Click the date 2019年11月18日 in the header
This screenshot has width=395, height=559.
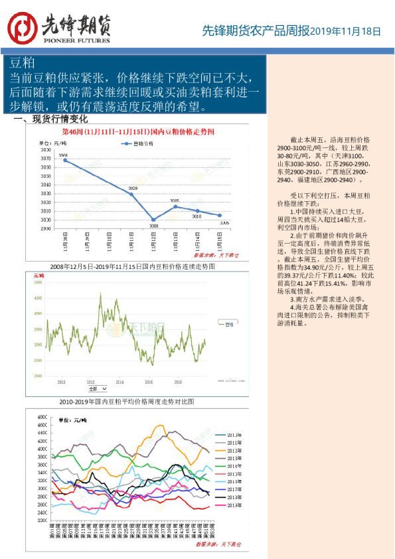coord(346,31)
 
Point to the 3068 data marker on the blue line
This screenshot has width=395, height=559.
coord(65,161)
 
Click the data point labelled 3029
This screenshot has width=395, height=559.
coord(131,194)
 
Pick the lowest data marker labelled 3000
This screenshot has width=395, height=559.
coord(153,220)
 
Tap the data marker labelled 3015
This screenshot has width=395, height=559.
coord(175,206)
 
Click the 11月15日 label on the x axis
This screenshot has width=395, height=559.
coord(220,240)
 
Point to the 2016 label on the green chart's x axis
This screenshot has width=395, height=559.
coord(149,382)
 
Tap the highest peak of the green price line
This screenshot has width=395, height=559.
coord(100,293)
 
